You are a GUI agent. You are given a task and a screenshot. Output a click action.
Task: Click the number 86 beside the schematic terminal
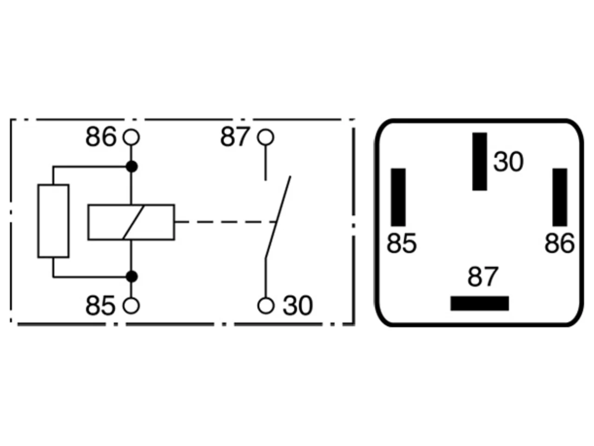101,137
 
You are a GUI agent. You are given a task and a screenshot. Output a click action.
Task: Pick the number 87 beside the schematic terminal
234,137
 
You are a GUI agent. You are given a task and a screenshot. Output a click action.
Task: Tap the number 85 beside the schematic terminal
100,306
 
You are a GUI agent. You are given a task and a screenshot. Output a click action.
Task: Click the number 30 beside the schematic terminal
297,306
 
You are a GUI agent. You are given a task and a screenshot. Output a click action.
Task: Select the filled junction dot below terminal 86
132,166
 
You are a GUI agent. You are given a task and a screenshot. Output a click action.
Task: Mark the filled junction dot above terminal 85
132,277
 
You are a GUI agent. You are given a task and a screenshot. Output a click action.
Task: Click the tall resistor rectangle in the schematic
53,221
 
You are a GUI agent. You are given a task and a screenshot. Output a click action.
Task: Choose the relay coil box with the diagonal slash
131,223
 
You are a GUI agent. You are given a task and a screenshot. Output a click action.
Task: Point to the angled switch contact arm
278,217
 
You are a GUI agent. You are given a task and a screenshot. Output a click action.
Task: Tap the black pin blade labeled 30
479,161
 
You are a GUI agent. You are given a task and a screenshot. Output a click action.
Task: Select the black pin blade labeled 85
398,197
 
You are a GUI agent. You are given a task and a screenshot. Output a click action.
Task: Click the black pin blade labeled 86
560,197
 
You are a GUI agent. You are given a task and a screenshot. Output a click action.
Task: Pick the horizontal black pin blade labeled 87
479,303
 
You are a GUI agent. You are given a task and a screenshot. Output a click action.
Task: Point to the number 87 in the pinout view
482,276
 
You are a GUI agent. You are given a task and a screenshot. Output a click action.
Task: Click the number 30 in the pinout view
509,162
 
